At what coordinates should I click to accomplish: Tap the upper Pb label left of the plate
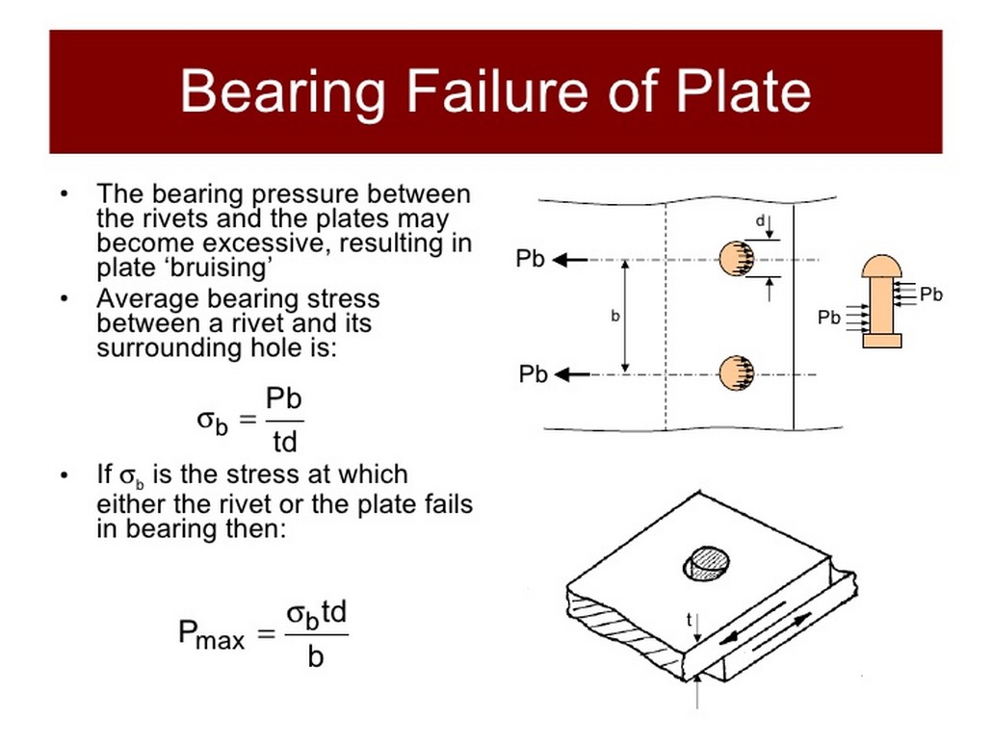coord(531,259)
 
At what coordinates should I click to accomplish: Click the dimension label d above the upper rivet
coord(759,221)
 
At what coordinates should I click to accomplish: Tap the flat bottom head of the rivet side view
coord(880,340)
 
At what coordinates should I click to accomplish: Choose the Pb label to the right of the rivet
coord(930,295)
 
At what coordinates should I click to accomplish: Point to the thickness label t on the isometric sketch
coord(689,621)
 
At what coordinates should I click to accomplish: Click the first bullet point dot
coord(64,194)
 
